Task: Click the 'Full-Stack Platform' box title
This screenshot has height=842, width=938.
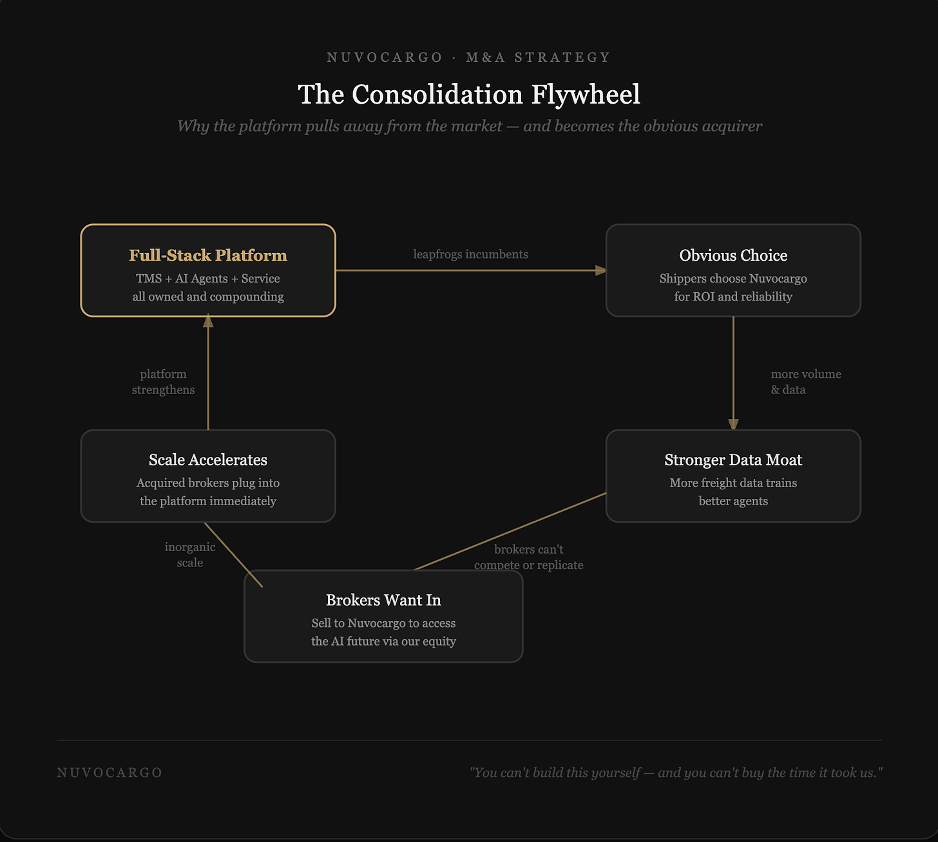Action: point(207,255)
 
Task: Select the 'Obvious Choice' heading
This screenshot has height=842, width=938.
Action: point(733,255)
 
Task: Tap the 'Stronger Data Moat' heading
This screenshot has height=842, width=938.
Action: point(733,460)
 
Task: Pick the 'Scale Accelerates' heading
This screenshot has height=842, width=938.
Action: point(207,460)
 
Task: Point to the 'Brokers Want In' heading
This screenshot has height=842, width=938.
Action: point(383,600)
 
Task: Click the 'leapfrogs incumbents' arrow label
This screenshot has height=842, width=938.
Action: point(470,254)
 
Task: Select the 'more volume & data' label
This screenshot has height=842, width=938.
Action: point(805,382)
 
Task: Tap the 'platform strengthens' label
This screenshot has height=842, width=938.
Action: point(163,382)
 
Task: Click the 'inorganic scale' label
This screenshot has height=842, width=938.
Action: point(190,554)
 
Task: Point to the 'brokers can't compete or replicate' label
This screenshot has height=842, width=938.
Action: point(528,557)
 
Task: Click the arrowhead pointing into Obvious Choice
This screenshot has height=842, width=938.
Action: point(600,270)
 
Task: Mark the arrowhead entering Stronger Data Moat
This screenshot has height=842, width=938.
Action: point(733,424)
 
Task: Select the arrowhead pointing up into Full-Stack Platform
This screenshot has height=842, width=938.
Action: point(208,321)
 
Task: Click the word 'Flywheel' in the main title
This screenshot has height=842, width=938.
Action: point(586,95)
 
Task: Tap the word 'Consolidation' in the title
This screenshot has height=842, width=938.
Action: point(437,95)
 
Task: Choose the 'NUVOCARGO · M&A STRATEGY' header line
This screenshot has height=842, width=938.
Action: point(468,57)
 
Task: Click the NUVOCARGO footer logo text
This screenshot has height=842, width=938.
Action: point(110,772)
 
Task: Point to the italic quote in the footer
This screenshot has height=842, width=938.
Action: point(676,772)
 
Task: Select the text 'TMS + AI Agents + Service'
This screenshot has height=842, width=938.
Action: point(207,278)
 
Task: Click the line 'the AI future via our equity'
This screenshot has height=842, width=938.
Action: point(383,641)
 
